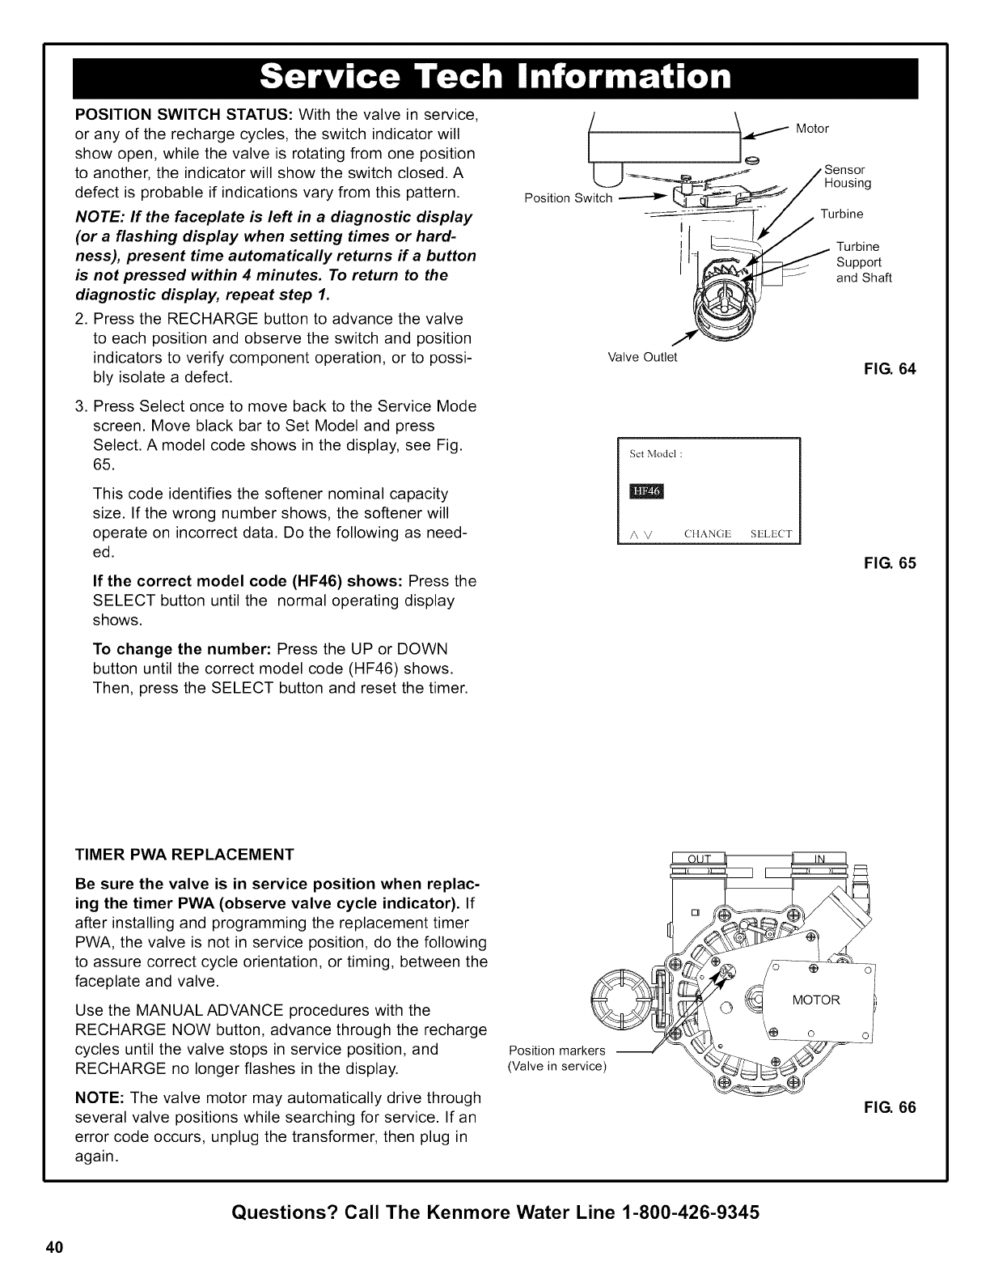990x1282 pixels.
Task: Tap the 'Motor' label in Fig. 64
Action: pos(813,129)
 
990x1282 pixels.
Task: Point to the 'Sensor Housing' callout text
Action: pos(847,176)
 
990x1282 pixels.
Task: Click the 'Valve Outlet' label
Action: pos(642,357)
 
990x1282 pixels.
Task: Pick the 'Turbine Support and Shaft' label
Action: pos(863,262)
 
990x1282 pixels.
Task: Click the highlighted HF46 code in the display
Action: pos(645,493)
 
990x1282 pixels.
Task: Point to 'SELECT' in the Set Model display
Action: pos(771,534)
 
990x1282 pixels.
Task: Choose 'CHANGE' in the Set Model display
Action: pos(707,534)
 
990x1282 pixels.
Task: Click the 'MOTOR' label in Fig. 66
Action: pos(816,1000)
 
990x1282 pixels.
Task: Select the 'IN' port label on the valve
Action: pos(819,860)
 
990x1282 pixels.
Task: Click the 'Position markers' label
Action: pos(556,1051)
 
